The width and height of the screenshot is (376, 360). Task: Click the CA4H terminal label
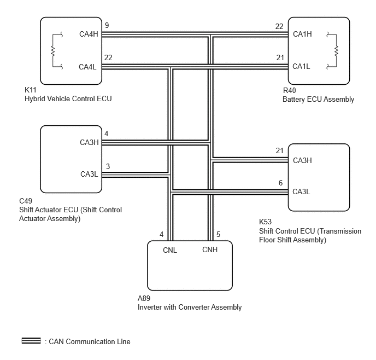89,34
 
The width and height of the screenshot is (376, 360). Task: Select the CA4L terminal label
87,67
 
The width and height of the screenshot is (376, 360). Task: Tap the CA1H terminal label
302,34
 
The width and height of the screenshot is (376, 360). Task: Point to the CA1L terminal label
301,66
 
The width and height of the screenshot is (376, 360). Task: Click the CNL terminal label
170,250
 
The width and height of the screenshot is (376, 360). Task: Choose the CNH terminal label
210,249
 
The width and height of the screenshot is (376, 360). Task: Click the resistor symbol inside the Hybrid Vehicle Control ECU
53,51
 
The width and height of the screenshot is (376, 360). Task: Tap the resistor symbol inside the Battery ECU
336,51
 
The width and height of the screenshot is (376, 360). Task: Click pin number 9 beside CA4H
107,25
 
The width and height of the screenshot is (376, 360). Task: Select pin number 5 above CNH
218,234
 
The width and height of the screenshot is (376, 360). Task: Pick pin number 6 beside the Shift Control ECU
280,183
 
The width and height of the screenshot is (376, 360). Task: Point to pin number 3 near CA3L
108,166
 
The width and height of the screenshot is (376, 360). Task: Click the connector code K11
31,90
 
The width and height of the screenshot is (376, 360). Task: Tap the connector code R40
290,90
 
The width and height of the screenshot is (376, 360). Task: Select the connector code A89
144,298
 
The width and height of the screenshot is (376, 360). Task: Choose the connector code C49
26,201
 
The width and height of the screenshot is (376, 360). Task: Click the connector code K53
266,222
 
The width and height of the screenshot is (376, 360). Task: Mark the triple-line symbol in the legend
31,340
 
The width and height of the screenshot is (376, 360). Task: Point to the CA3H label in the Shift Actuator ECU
89,142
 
